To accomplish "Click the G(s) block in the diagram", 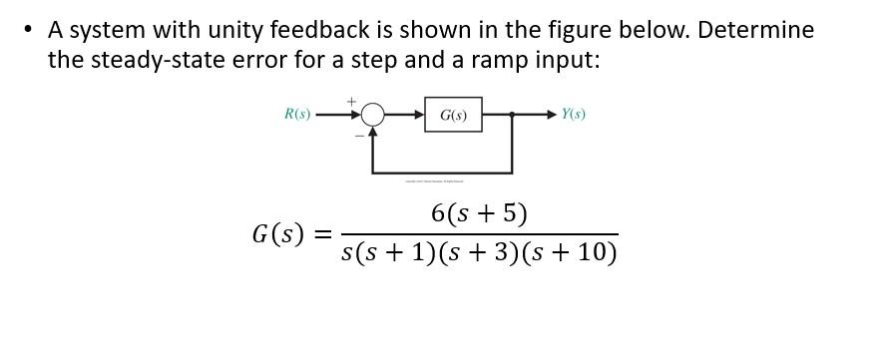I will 453,116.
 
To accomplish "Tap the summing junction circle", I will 372,116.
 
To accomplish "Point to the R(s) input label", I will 297,115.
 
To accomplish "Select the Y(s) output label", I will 573,115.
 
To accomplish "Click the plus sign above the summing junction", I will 351,101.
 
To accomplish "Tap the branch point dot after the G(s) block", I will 512,116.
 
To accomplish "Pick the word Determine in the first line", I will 755,30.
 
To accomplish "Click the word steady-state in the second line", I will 155,60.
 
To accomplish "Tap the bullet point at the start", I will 27,31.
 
